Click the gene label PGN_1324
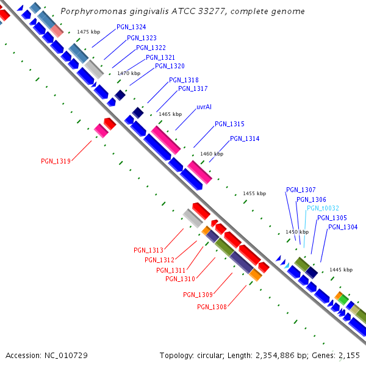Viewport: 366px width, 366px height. [x=131, y=27]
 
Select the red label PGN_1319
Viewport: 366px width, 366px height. [x=56, y=162]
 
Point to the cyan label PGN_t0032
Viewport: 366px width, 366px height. [x=323, y=208]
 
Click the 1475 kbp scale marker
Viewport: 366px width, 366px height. [x=88, y=32]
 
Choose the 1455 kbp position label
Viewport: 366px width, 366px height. [x=254, y=193]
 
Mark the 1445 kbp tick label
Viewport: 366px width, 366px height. [x=341, y=270]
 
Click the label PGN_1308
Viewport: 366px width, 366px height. [x=212, y=307]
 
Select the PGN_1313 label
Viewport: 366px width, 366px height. [x=149, y=250]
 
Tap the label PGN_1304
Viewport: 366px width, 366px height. [x=343, y=228]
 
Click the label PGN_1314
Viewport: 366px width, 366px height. [x=245, y=139]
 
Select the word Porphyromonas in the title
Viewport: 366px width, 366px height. [x=91, y=12]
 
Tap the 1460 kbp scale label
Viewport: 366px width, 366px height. [x=212, y=154]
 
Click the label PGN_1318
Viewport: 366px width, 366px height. [x=184, y=80]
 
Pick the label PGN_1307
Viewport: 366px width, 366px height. [x=301, y=190]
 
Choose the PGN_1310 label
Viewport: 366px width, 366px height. [x=181, y=279]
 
